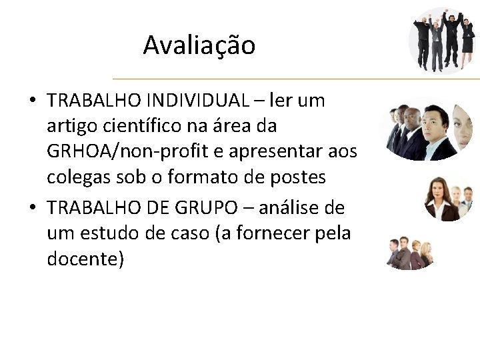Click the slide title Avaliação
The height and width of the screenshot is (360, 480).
[x=199, y=45]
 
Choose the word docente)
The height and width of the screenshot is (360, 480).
[x=85, y=259]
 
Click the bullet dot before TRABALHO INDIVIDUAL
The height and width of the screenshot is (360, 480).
[x=32, y=101]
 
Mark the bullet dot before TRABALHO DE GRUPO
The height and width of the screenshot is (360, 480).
[x=32, y=209]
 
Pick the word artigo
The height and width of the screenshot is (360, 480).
[x=70, y=126]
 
